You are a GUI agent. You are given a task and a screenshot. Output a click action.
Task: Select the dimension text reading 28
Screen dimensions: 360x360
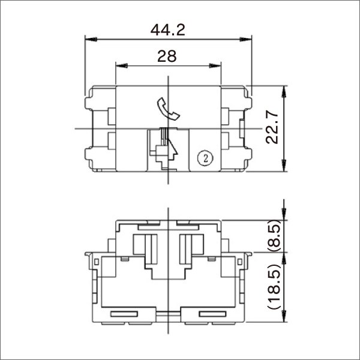click(167, 56)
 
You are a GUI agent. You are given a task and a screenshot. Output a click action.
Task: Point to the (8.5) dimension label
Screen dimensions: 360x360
click(272, 236)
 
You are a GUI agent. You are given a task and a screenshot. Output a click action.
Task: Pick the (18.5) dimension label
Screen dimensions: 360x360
click(272, 289)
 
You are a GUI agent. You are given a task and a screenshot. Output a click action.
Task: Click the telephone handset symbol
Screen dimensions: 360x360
click(166, 109)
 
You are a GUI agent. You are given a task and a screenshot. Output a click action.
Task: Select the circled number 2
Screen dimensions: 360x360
click(206, 158)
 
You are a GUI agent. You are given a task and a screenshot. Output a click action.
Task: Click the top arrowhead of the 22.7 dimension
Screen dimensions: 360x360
click(283, 89)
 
